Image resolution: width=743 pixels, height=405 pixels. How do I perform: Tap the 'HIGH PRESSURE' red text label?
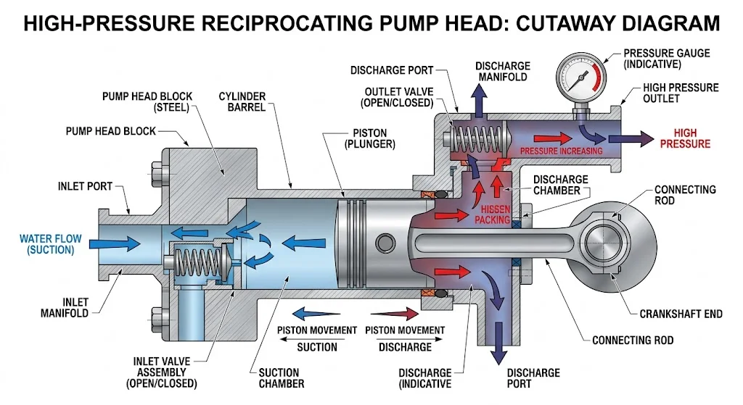686,138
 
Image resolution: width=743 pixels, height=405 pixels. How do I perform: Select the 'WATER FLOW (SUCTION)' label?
46,244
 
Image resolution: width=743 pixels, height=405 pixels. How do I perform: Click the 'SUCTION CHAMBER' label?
282,378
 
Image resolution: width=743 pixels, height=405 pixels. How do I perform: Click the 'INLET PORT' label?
85,186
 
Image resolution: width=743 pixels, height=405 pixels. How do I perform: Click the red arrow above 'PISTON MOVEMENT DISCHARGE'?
395,314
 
